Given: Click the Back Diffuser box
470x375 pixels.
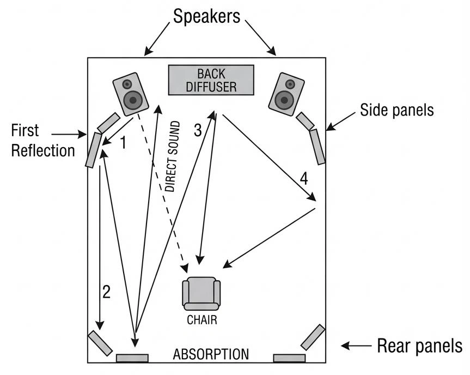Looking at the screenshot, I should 211,80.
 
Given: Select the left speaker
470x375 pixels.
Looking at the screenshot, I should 131,94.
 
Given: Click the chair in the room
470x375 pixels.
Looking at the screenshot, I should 201,294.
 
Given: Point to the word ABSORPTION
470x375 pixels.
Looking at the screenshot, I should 211,354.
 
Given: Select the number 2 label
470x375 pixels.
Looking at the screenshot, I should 106,292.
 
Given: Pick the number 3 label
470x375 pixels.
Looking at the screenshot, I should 198,130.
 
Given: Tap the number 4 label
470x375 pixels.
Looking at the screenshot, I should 303,178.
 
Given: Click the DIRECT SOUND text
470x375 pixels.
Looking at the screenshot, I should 173,156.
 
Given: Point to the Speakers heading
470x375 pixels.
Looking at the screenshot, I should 206,16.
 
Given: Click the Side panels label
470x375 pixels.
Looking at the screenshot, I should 396,111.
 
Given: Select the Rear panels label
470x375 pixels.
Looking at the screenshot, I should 419,346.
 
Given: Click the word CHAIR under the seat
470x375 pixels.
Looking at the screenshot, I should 202,320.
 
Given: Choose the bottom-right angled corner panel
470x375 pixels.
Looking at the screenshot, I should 312,337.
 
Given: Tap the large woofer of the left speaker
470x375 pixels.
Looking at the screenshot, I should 133,100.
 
